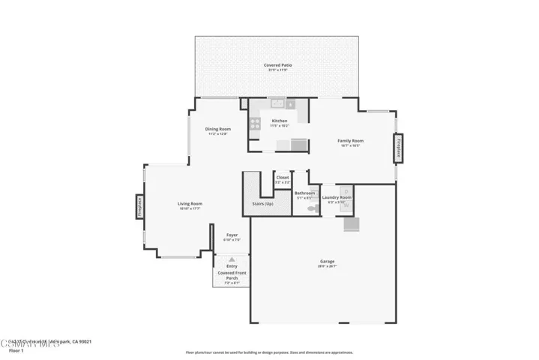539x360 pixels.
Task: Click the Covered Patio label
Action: click(x=277, y=65)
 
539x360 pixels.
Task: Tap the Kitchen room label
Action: click(x=279, y=121)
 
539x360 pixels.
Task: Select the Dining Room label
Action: click(x=218, y=129)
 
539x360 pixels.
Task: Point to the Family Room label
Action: click(x=349, y=141)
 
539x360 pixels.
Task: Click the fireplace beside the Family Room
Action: click(x=399, y=148)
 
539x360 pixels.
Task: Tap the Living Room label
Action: click(x=190, y=204)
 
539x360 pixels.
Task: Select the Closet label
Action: click(x=283, y=178)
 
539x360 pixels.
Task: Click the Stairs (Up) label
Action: click(x=262, y=203)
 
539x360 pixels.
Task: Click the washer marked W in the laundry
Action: click(x=347, y=205)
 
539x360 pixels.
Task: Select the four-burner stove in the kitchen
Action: click(x=256, y=123)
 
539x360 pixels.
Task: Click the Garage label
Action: click(x=327, y=262)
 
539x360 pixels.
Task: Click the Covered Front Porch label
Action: click(x=232, y=275)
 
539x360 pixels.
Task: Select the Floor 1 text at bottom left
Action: click(x=16, y=350)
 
